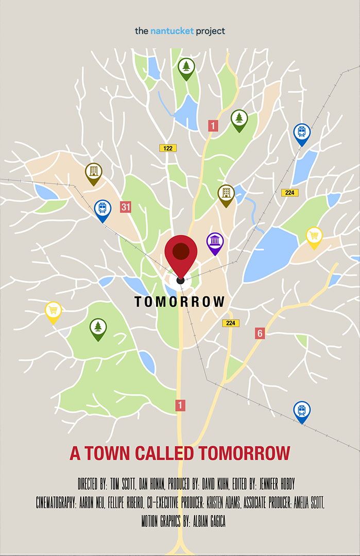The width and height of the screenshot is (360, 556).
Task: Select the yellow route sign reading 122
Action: tap(167, 148)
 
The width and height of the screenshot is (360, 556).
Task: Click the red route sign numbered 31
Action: tap(126, 207)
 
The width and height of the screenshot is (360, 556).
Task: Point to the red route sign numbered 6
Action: tap(260, 334)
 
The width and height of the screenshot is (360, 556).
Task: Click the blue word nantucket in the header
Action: tap(172, 31)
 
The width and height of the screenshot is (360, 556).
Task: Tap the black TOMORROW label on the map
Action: tap(180, 302)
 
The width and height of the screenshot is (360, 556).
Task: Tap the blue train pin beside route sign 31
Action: tap(102, 209)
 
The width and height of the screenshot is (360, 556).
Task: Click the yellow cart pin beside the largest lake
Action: tap(314, 236)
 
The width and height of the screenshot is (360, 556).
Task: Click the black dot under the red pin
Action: tap(180, 280)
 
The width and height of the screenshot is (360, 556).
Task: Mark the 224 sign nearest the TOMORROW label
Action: tap(231, 323)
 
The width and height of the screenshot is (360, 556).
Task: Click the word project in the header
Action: tap(210, 31)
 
